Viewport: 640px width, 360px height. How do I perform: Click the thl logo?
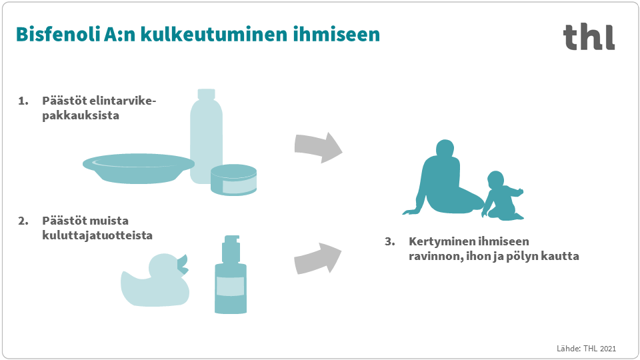[589, 37]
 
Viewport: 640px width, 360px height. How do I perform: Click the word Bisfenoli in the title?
[57, 34]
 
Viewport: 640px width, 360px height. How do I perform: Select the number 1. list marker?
[23, 101]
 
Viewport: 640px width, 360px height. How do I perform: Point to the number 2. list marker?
[23, 221]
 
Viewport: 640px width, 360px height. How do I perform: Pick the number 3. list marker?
[390, 241]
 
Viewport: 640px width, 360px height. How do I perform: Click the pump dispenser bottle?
[231, 274]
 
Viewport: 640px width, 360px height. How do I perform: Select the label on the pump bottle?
[231, 286]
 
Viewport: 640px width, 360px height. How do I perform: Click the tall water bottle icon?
[206, 136]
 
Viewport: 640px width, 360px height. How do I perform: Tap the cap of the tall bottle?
[206, 94]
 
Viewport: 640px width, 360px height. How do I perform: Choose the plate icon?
[139, 168]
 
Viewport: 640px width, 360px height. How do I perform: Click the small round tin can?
[233, 179]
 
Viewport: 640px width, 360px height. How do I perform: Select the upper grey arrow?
[319, 147]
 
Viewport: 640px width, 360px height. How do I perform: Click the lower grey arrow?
[317, 259]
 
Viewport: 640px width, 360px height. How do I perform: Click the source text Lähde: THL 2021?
[586, 349]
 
